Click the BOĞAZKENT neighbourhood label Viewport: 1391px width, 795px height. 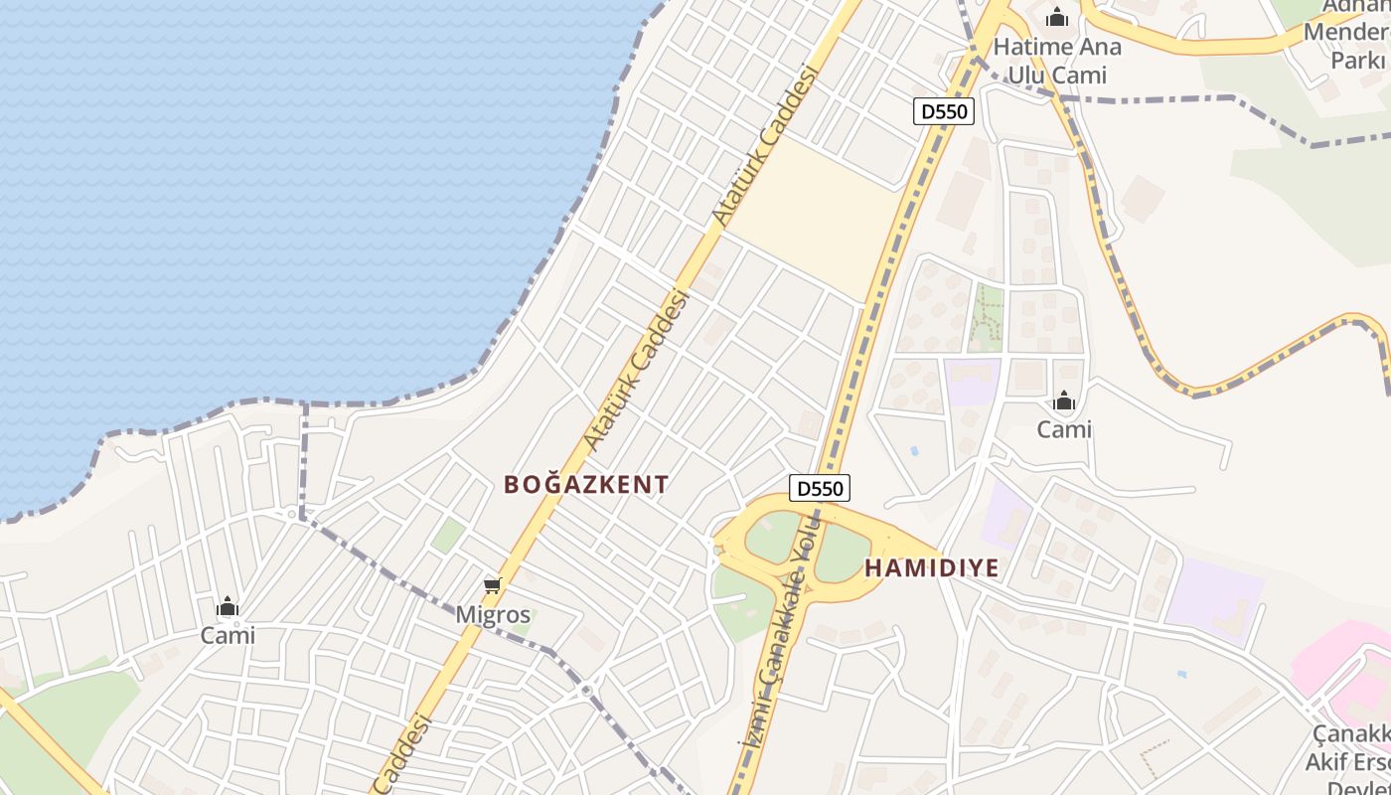(x=586, y=485)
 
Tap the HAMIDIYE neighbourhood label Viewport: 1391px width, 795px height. (x=931, y=568)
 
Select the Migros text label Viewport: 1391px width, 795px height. (x=493, y=615)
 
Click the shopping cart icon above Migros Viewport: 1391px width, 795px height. (x=493, y=586)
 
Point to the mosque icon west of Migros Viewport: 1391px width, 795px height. (x=228, y=606)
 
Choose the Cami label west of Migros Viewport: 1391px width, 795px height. (x=228, y=635)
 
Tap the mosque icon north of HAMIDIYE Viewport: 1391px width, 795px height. (x=1064, y=401)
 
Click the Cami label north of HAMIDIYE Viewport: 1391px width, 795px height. (x=1064, y=429)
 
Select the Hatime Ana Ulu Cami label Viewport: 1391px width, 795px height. (x=1057, y=60)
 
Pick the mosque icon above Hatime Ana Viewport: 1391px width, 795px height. (x=1057, y=17)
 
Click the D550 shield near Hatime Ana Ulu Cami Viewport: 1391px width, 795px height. (x=943, y=111)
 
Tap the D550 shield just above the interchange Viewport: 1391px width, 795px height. (x=820, y=488)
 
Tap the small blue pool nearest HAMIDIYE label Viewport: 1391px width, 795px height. (x=914, y=451)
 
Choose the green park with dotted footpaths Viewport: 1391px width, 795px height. (x=987, y=317)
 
